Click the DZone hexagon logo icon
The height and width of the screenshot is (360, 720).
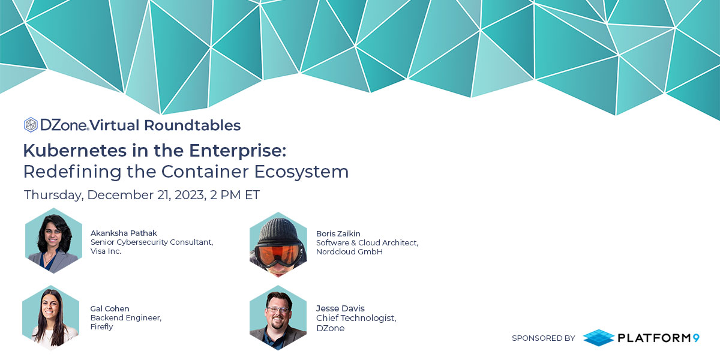31,125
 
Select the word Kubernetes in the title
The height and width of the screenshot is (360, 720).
75,151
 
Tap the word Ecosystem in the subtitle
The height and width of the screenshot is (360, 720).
301,172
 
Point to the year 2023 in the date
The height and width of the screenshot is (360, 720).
190,195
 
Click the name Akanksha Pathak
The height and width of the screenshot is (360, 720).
124,233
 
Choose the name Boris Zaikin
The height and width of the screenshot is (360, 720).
338,233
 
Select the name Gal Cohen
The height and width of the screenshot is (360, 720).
110,308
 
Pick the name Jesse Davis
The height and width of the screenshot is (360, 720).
340,308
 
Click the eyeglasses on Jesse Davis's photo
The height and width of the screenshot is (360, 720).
277,309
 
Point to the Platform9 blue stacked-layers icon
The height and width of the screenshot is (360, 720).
598,337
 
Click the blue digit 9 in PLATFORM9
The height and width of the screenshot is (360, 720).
695,338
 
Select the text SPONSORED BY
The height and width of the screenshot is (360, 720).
543,338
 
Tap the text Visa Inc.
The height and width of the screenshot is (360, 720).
106,251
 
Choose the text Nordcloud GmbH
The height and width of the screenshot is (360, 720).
349,251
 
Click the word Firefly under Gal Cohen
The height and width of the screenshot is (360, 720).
101,327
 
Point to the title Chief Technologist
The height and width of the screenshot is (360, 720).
356,318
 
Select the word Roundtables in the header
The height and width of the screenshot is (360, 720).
192,125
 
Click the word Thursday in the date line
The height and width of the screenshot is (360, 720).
54,195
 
